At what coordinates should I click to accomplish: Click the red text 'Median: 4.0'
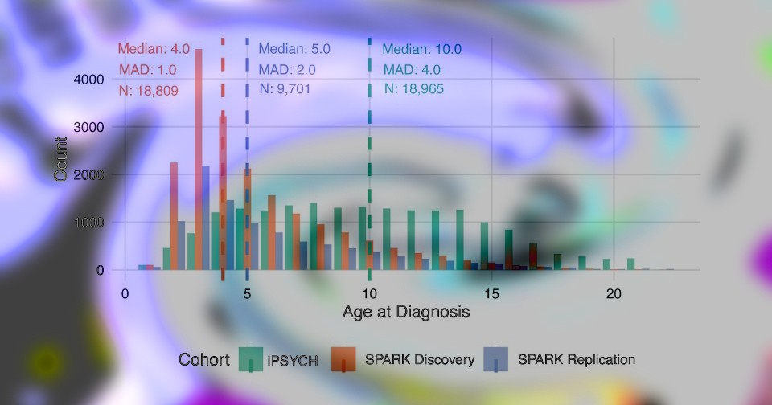click(x=154, y=49)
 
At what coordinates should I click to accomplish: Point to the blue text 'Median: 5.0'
click(x=294, y=49)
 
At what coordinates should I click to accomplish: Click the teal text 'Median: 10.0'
click(x=421, y=49)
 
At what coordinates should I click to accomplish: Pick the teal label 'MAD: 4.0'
click(x=412, y=70)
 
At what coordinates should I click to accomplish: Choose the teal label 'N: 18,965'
click(x=413, y=89)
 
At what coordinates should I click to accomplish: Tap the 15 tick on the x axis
click(x=491, y=294)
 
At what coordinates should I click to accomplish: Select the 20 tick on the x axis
click(x=614, y=294)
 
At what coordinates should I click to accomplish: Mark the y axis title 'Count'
click(x=61, y=159)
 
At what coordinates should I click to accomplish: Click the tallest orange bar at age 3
click(x=198, y=161)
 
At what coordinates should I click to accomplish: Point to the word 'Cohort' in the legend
click(x=203, y=360)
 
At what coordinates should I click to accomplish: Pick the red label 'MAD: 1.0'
click(x=147, y=70)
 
